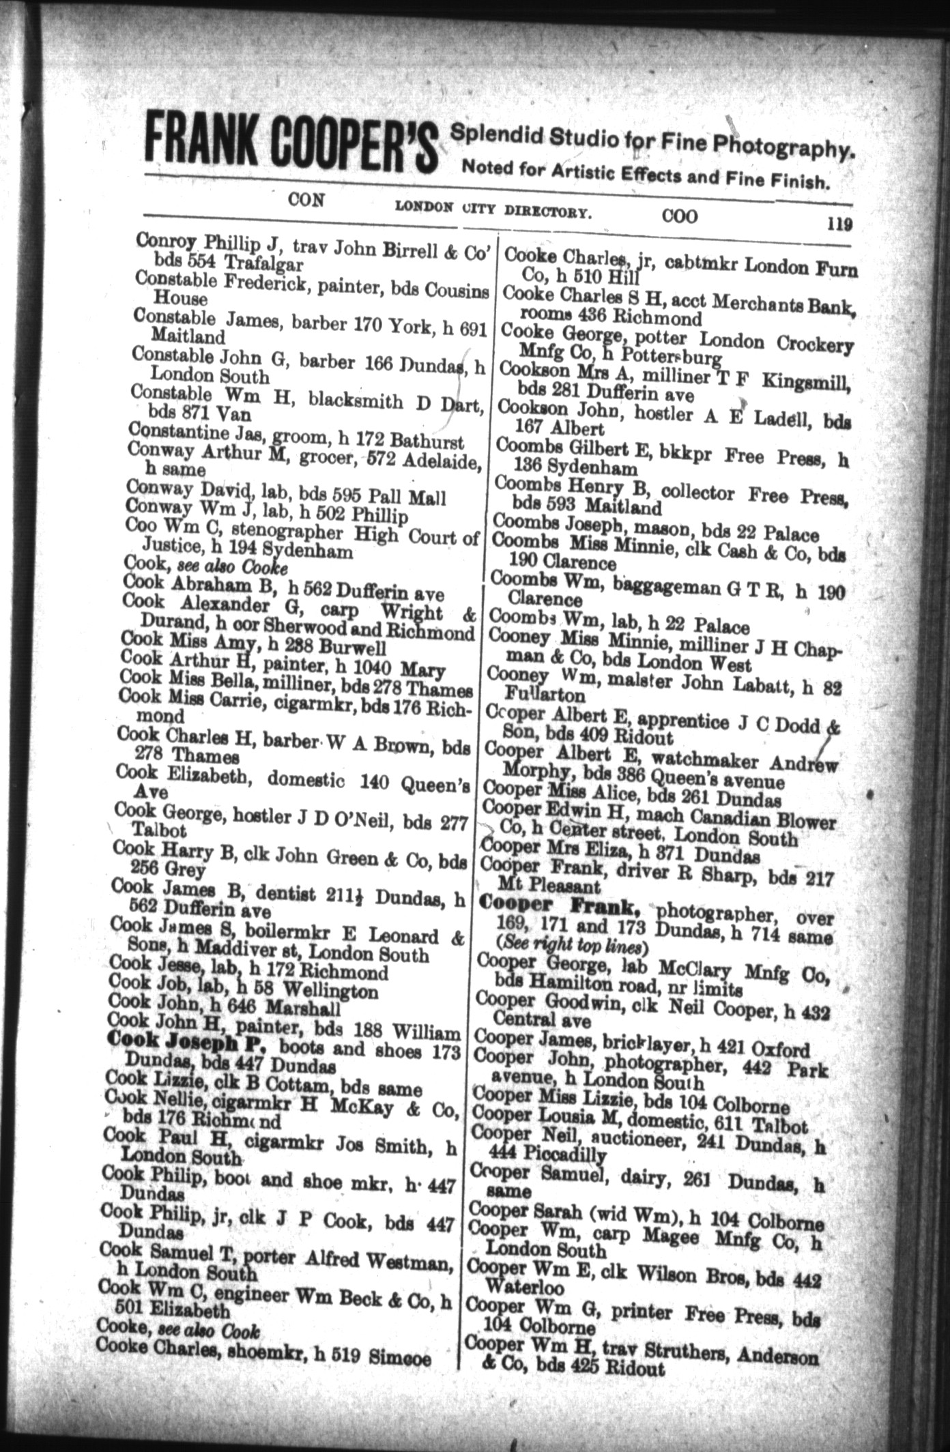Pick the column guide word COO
(680, 216)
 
